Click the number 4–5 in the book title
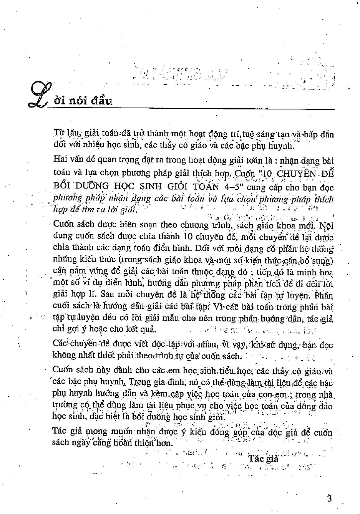pyautogui.click(x=230, y=187)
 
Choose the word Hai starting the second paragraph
pyautogui.click(x=60, y=160)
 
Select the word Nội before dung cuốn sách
pyautogui.click(x=326, y=225)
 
